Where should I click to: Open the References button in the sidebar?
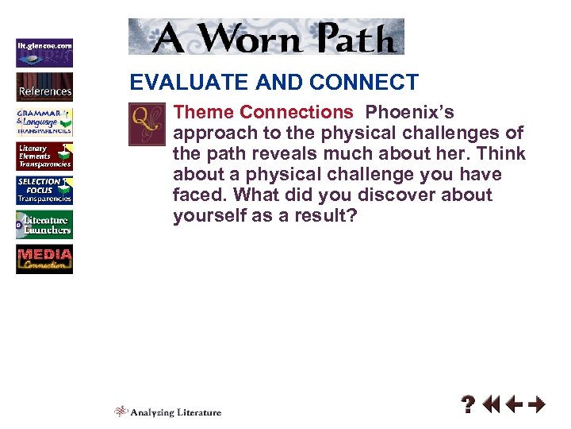click(x=44, y=87)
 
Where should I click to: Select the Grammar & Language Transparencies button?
click(x=44, y=122)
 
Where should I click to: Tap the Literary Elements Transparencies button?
click(x=44, y=157)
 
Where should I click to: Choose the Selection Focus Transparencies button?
click(x=44, y=191)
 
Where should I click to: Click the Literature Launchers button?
click(x=44, y=225)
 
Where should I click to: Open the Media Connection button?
click(x=44, y=260)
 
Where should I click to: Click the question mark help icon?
click(x=469, y=406)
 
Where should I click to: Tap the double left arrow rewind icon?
click(x=491, y=405)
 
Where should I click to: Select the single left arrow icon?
click(x=514, y=405)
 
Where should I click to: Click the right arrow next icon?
click(x=537, y=405)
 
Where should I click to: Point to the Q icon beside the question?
click(x=147, y=124)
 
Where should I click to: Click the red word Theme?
click(x=204, y=113)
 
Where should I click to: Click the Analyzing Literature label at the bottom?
click(x=175, y=412)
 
